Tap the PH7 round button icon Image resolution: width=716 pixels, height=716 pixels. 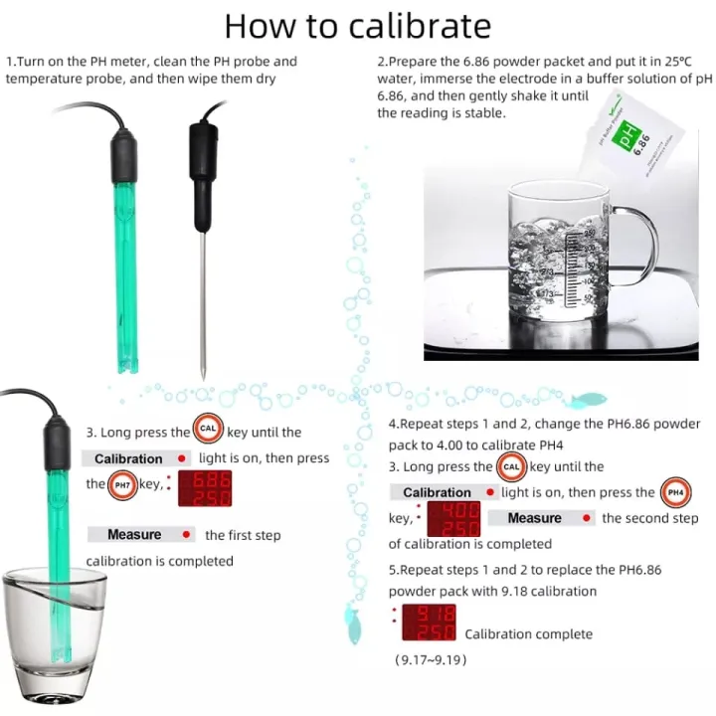[x=122, y=485]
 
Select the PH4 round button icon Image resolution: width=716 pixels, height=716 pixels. [x=675, y=492]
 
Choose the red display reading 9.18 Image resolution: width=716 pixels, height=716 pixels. [x=428, y=624]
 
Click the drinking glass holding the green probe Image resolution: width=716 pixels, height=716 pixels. [x=55, y=636]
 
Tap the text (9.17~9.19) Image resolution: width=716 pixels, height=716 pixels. [x=430, y=659]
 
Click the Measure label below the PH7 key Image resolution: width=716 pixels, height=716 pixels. [x=134, y=535]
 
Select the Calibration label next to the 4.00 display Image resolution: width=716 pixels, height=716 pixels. [x=437, y=492]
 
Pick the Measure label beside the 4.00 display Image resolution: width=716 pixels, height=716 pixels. [x=534, y=518]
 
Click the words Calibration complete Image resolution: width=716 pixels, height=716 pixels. [x=528, y=633]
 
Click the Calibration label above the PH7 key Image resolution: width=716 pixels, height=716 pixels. [x=128, y=458]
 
